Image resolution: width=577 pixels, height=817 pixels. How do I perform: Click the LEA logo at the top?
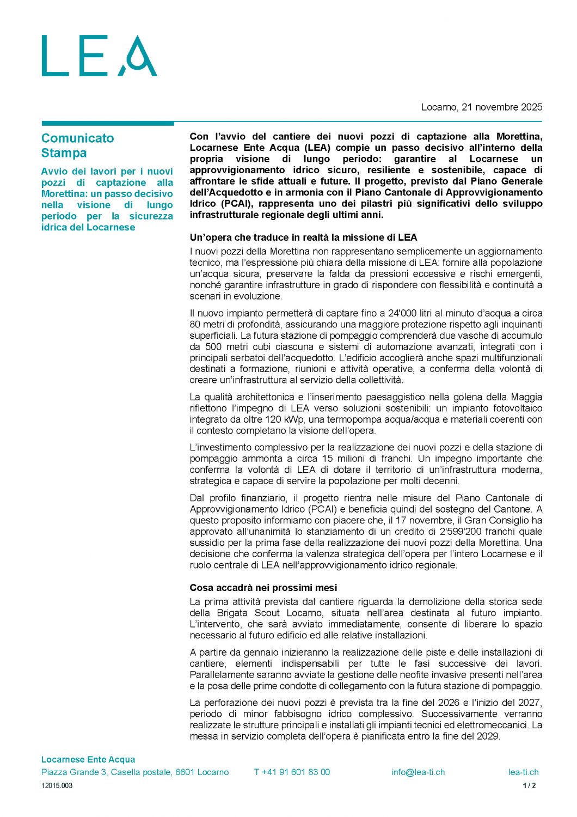99,56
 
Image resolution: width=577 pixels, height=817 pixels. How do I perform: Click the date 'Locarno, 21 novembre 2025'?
481,107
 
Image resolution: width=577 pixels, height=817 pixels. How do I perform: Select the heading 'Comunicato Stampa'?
77,145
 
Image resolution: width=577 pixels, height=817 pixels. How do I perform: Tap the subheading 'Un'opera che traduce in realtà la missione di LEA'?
303,237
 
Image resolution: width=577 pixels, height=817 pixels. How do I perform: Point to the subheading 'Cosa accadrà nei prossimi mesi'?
263,588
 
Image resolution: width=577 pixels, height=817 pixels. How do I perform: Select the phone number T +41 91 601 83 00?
292,772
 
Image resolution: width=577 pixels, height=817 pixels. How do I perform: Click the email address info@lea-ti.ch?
418,772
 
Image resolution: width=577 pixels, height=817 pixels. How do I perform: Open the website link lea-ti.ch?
523,772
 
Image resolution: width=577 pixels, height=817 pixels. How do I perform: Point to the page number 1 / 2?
529,785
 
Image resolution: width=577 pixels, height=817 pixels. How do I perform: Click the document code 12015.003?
57,785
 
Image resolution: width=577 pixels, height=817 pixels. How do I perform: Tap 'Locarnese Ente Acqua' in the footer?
88,759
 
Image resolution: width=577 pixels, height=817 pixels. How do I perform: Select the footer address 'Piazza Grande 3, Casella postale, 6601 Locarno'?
135,772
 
